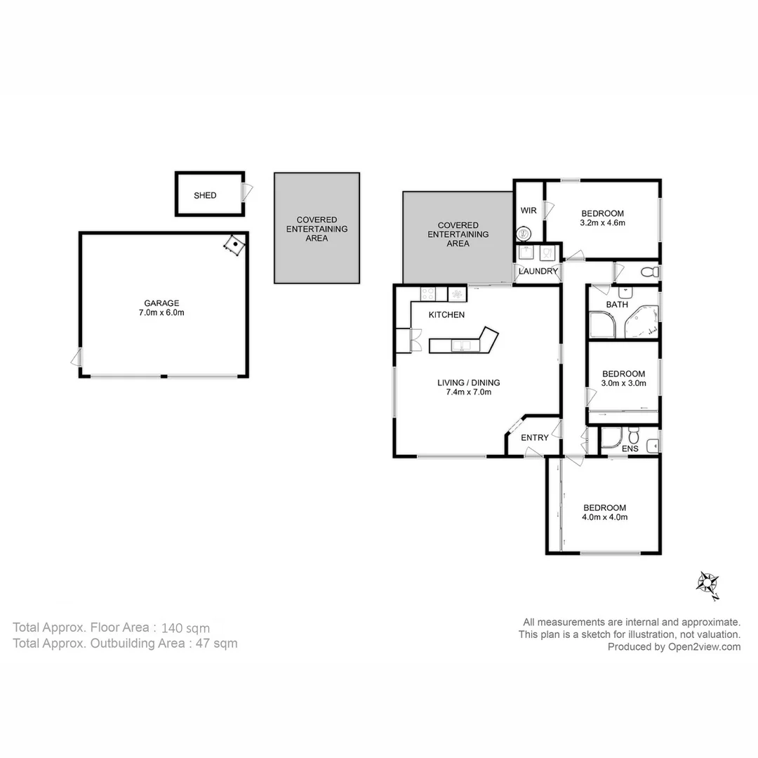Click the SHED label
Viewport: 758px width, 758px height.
205,196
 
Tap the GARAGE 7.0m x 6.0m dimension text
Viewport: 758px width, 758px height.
162,313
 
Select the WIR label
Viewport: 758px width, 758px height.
528,211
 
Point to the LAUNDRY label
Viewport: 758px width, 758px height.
538,272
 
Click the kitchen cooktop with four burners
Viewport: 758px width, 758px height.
429,293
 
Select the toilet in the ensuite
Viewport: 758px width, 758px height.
633,434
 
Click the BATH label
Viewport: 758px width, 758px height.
617,305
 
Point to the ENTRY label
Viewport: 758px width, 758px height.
535,438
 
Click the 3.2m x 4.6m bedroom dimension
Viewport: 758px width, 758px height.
602,223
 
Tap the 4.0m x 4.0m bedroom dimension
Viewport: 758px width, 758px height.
604,517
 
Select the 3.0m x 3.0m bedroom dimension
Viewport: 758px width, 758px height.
623,383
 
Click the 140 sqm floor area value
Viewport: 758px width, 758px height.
185,628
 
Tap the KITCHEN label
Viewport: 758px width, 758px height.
446,315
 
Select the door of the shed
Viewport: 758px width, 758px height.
246,192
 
